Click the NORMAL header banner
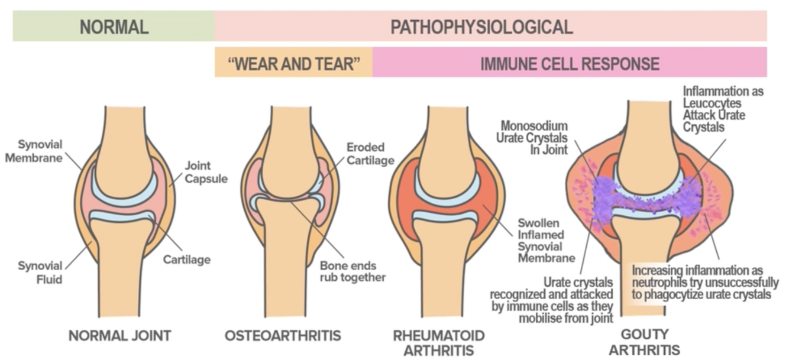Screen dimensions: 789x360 point(114,27)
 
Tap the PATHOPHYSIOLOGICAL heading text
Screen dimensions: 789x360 point(481,27)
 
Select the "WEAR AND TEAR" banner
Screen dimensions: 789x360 point(293,63)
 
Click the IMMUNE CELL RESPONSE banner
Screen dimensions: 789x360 point(569,63)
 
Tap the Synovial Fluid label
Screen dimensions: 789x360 point(40,272)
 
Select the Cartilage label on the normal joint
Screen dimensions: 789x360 point(187,260)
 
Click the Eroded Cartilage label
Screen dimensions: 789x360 point(370,154)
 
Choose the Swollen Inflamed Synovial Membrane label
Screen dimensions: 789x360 point(545,241)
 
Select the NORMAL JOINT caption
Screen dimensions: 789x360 point(119,336)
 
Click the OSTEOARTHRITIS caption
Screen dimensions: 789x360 point(283,336)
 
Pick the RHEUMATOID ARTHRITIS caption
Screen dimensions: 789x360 point(439,343)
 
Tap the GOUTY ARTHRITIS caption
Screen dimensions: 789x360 point(644,343)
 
